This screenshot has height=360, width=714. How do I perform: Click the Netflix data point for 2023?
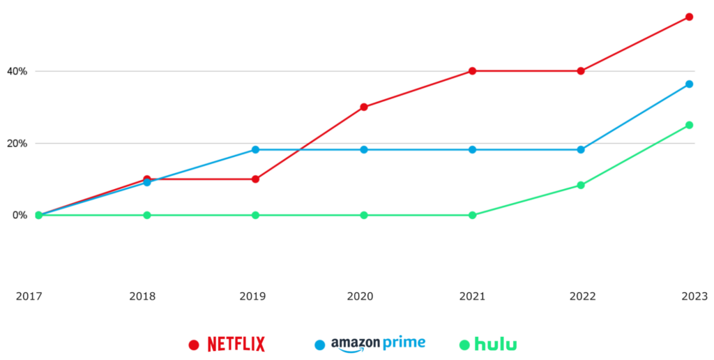point(689,17)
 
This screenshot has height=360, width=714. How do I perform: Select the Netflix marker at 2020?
point(364,107)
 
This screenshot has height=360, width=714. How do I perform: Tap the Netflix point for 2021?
point(472,70)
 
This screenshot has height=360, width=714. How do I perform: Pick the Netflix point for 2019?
point(255,179)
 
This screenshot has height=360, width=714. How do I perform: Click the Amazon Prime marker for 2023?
point(689,84)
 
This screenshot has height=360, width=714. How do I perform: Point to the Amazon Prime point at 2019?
point(255,149)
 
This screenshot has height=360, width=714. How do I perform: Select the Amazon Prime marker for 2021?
point(472,149)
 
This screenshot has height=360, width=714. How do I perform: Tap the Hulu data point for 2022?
point(581,185)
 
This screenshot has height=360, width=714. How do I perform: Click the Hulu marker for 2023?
point(689,125)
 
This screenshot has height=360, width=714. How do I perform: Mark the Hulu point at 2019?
point(255,215)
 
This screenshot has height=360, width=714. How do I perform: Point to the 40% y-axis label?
point(16,71)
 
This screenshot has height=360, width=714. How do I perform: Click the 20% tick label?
point(16,143)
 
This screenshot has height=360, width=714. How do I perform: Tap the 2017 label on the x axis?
point(29,297)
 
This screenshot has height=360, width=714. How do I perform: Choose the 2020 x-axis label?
point(359,297)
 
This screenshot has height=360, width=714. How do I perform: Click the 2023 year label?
point(693,297)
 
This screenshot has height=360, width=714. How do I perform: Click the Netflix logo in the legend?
point(236,344)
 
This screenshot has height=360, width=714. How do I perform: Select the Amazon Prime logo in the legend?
point(378,343)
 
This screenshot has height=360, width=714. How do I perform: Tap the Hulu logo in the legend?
point(496,344)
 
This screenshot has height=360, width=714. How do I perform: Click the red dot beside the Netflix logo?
point(195,345)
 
